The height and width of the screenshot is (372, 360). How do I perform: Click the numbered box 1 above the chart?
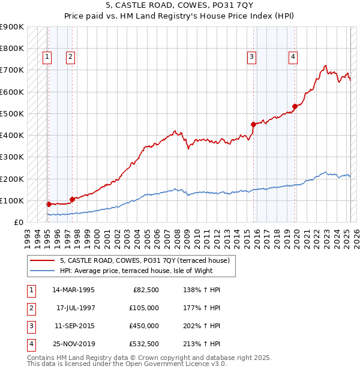click(47, 57)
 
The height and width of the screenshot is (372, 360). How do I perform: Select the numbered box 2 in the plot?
click(70, 57)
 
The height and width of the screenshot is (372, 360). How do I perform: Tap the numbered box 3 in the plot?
click(251, 57)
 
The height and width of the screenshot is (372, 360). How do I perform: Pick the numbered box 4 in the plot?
click(293, 57)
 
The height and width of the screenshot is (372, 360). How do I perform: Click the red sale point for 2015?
click(253, 124)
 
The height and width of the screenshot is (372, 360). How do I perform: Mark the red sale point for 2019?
click(295, 107)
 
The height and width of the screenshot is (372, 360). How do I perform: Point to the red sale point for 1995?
click(49, 204)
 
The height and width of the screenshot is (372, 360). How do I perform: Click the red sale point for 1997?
click(72, 199)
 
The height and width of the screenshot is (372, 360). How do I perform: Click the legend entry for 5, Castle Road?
click(145, 260)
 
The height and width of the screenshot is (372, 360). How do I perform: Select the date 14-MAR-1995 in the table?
click(74, 289)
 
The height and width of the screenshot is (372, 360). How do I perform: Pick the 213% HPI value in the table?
click(200, 344)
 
